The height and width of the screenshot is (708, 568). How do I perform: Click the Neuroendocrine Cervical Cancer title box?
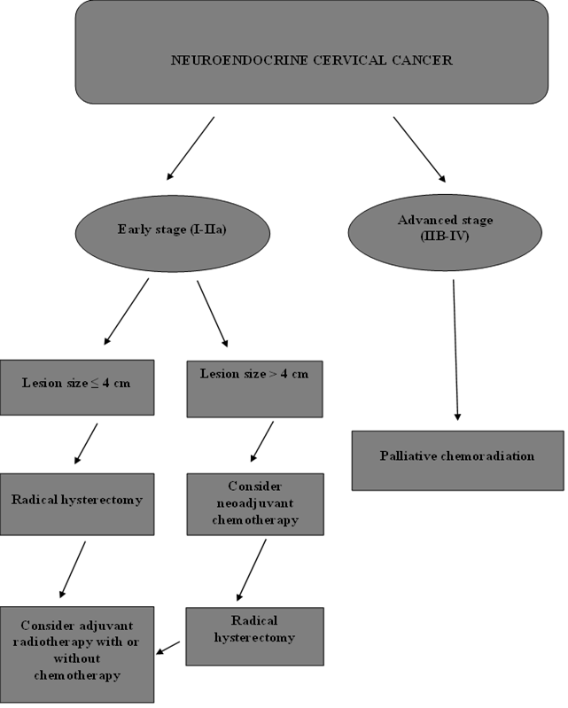[x=312, y=52]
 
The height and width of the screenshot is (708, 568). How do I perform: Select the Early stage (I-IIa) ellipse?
[x=173, y=233]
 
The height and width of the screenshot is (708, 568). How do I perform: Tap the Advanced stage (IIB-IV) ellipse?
[x=445, y=232]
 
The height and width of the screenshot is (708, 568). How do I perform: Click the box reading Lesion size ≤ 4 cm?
[x=77, y=387]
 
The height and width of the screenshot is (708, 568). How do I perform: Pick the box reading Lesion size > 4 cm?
[x=254, y=389]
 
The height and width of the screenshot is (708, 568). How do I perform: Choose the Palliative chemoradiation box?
[x=458, y=461]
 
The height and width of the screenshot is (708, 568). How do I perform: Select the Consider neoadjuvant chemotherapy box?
[x=255, y=504]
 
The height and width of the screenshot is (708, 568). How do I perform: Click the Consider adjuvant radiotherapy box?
[x=77, y=654]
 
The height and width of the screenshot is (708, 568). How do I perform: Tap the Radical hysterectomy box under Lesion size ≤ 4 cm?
[x=77, y=504]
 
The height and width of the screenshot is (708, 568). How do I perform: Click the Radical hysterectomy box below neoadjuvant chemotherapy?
[x=254, y=636]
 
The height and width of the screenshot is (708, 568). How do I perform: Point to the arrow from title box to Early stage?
[x=191, y=149]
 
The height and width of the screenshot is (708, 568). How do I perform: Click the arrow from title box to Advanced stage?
[x=419, y=150]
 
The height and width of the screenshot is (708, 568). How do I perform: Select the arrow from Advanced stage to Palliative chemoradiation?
[x=455, y=350]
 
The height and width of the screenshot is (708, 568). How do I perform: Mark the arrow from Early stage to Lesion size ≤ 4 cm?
[x=127, y=312]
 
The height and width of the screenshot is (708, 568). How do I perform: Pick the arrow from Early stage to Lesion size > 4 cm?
[x=212, y=314]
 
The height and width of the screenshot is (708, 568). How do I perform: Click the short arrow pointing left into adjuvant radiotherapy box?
[x=168, y=648]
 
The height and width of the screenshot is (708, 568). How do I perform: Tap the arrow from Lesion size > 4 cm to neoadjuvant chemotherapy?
[x=262, y=441]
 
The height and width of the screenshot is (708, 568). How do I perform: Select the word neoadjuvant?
[x=255, y=503]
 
